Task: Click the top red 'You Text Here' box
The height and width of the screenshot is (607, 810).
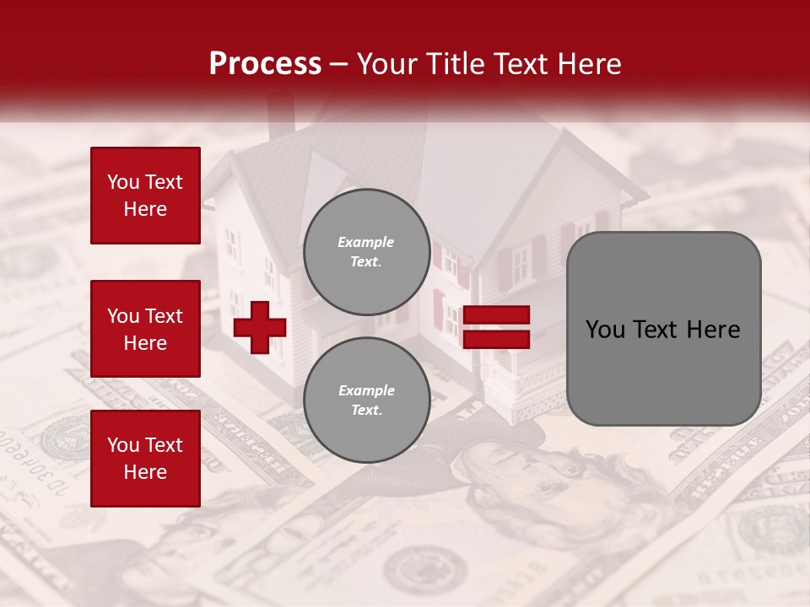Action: click(145, 196)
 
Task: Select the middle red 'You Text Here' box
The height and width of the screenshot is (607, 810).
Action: click(145, 329)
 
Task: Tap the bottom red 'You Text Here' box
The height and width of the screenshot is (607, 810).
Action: click(145, 458)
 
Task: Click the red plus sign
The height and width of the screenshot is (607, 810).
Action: click(260, 327)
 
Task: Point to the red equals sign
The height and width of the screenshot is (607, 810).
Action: click(496, 327)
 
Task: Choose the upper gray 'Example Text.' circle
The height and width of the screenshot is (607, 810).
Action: click(366, 252)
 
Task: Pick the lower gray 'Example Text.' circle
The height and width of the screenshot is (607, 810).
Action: click(366, 400)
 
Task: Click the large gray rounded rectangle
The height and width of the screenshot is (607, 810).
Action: click(663, 329)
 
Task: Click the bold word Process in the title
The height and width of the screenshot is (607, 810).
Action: click(265, 64)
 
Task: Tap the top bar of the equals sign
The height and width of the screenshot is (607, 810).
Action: click(496, 315)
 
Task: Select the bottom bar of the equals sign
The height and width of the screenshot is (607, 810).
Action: click(496, 340)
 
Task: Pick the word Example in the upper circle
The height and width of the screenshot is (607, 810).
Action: click(366, 242)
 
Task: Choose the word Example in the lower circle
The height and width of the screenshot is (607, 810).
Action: click(366, 390)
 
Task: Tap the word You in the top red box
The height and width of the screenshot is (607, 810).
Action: click(123, 182)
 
